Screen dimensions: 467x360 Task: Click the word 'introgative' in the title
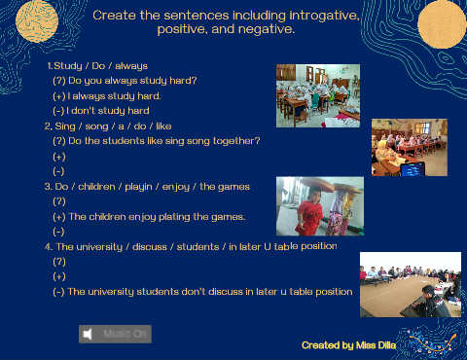tap(324, 16)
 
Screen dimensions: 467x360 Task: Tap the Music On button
tap(115, 334)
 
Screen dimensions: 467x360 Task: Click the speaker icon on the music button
tap(88, 334)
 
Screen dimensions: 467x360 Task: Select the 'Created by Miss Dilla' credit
tap(348, 345)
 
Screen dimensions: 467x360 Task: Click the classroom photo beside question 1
tap(318, 95)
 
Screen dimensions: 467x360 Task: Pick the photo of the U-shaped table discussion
tap(411, 284)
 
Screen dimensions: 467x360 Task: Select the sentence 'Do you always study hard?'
tap(132, 81)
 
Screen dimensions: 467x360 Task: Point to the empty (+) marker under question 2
tap(59, 157)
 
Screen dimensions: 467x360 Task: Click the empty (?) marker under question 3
tap(59, 201)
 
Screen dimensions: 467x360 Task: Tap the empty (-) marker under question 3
tap(58, 232)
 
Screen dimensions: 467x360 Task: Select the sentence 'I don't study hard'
tap(108, 111)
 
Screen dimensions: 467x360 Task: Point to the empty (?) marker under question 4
tap(59, 262)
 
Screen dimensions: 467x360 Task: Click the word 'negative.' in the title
tap(267, 29)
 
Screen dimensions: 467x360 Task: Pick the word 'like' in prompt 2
tap(163, 126)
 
